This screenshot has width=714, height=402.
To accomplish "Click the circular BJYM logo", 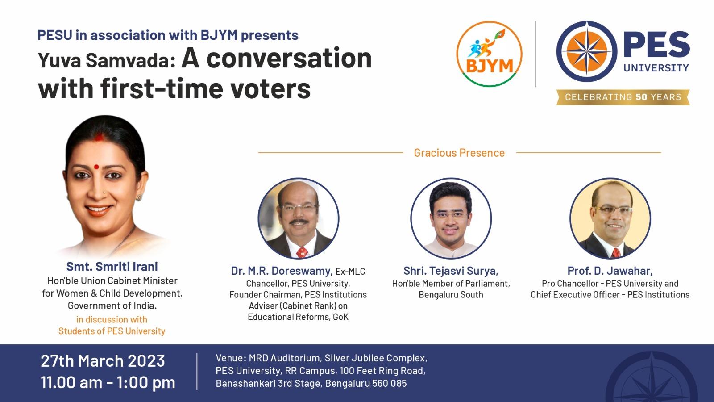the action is click(x=489, y=54).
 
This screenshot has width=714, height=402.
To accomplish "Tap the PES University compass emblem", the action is click(x=586, y=51).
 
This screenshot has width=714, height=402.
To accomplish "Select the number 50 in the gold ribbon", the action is click(x=641, y=97).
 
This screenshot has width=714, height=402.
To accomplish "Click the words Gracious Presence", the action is click(x=459, y=153).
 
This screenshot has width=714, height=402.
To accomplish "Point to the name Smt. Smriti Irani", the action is click(x=112, y=266).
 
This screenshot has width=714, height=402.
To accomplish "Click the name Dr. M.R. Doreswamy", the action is click(x=282, y=271).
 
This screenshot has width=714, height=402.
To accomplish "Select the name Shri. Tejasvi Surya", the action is click(x=451, y=271).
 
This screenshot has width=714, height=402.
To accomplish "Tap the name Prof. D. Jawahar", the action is click(x=610, y=271).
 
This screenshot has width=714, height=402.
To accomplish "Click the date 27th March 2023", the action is click(x=103, y=361).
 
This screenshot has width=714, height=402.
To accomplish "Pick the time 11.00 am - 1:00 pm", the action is click(x=108, y=382).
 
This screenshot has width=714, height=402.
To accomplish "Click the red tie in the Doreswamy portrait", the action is click(x=302, y=252).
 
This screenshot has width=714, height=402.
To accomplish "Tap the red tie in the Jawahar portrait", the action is click(x=616, y=253).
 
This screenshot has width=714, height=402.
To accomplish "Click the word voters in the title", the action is click(x=270, y=88).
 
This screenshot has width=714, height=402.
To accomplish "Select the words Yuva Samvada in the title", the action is click(x=107, y=61).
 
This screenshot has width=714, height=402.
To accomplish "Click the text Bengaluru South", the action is click(x=451, y=294).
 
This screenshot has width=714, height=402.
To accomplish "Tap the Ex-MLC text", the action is click(x=350, y=272).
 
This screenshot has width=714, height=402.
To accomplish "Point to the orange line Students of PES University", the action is click(x=112, y=331).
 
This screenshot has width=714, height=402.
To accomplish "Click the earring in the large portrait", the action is click(x=139, y=197).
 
